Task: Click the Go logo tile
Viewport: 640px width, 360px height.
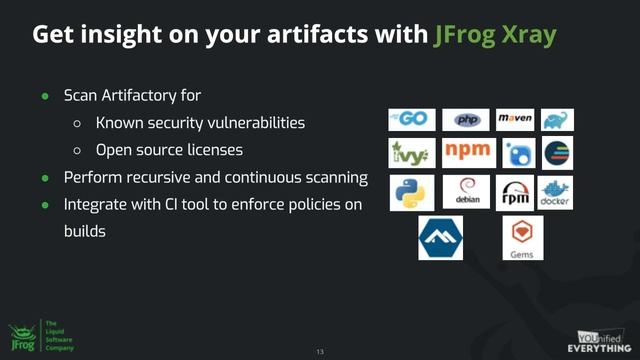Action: pyautogui.click(x=410, y=120)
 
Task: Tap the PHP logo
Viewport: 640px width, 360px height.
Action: pyautogui.click(x=465, y=120)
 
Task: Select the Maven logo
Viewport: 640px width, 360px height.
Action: pyautogui.click(x=514, y=120)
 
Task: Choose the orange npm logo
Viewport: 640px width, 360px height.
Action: pyautogui.click(x=465, y=153)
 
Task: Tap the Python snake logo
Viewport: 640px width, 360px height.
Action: pyautogui.click(x=410, y=191)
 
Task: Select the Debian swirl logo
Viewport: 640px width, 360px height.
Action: pyautogui.click(x=466, y=191)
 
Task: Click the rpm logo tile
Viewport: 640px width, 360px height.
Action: pyautogui.click(x=514, y=191)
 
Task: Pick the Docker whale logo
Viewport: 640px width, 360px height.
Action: pyautogui.click(x=555, y=191)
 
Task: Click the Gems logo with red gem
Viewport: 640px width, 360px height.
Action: pyautogui.click(x=521, y=238)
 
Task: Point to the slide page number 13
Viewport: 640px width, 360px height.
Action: pyautogui.click(x=320, y=351)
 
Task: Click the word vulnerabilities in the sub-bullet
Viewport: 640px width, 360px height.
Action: pyautogui.click(x=256, y=123)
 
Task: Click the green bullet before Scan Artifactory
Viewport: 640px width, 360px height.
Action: pyautogui.click(x=45, y=96)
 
